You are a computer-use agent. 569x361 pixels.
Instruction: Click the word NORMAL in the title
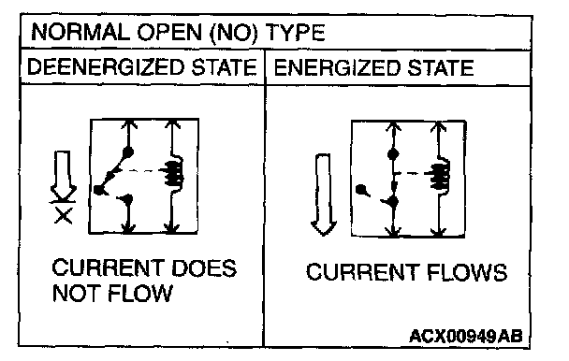[80, 33]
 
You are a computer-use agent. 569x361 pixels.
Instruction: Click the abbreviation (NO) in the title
[234, 33]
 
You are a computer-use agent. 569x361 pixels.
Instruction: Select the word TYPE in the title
[295, 33]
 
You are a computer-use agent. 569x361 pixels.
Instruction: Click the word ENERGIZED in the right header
[337, 67]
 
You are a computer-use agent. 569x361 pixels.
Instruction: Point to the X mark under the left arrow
[63, 216]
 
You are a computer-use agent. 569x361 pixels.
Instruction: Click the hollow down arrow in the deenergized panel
[63, 175]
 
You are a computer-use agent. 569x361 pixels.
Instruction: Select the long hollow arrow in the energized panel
[323, 195]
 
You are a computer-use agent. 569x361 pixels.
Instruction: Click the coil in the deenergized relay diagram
[175, 173]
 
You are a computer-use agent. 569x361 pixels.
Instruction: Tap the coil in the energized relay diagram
[440, 176]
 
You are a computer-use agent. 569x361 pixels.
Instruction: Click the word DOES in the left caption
[204, 268]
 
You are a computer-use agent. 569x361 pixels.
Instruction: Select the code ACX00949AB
[465, 336]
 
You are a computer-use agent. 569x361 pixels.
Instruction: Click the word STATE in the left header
[224, 67]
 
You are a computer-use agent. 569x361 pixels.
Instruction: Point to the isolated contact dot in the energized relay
[361, 190]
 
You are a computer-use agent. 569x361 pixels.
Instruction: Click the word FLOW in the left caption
[139, 293]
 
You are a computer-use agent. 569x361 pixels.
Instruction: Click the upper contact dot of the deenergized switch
[128, 152]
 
